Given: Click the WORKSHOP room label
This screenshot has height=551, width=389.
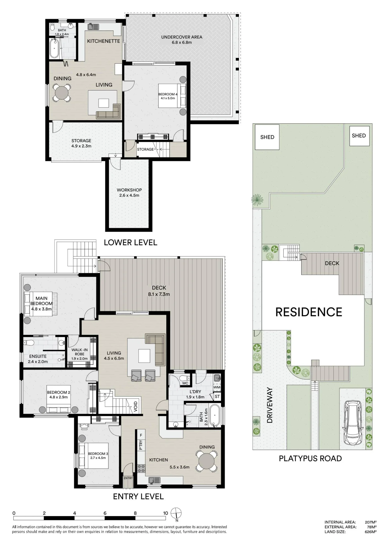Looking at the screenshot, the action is click(129, 190).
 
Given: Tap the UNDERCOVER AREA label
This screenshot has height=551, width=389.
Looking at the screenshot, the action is click(182, 37).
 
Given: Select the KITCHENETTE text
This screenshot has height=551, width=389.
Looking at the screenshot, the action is click(104, 41).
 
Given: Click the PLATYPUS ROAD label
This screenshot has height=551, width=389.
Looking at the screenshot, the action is click(310, 458).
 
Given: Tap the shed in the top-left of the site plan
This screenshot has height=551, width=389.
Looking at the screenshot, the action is click(267, 137).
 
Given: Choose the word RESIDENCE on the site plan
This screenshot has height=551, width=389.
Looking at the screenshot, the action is click(309, 312).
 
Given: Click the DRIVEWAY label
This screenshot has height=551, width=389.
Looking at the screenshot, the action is click(270, 405).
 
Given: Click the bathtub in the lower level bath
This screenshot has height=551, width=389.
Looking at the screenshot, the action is click(54, 48).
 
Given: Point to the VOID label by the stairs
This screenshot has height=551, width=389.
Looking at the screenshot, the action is click(135, 407).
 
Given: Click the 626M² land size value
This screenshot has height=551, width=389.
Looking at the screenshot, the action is click(371, 532).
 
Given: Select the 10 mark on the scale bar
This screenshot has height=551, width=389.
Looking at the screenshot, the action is click(165, 513).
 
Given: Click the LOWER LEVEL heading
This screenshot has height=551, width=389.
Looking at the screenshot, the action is click(130, 242).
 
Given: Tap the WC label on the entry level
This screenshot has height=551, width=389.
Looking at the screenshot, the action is click(185, 383).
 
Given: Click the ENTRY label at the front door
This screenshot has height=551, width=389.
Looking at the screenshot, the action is click(128, 478).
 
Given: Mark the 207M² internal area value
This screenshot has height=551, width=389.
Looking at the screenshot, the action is click(371, 522).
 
